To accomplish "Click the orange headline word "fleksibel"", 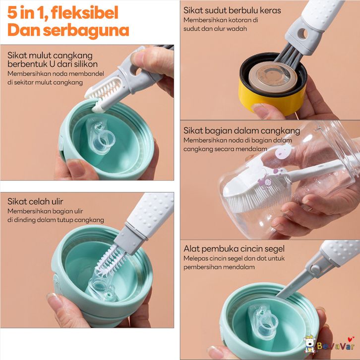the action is [84, 12].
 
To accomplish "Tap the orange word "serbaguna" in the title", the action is [86, 30].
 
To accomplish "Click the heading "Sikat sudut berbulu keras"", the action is [232, 10].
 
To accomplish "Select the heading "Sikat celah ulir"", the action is [35, 201].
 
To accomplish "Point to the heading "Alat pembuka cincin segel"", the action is [234, 248].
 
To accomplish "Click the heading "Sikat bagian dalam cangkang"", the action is [242, 130].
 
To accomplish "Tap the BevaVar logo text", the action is [336, 346].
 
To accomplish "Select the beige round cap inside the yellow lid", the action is [273, 77].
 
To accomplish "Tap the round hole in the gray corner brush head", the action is [302, 34].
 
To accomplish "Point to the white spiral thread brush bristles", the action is [111, 259].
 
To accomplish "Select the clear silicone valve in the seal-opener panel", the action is [263, 321].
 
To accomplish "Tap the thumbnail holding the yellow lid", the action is [261, 110].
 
